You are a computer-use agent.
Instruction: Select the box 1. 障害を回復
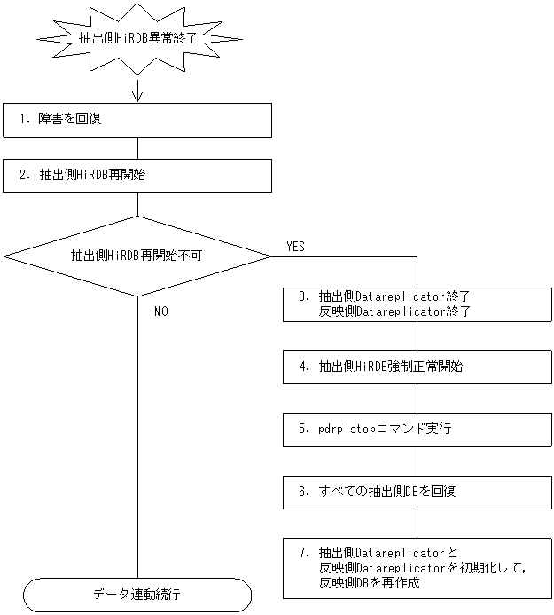tap(137, 119)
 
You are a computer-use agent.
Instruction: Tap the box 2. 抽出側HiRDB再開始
tap(137, 175)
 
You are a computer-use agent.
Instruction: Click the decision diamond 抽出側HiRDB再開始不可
tap(137, 256)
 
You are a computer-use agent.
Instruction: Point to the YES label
tap(296, 247)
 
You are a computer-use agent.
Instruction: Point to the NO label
tap(161, 311)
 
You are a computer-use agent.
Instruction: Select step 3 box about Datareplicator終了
tap(417, 304)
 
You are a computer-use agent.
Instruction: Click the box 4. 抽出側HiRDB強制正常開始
tap(417, 366)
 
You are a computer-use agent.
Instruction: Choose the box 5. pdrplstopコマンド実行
tap(417, 429)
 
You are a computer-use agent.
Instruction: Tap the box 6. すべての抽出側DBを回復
tap(417, 491)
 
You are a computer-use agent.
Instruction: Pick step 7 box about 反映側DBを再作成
tap(417, 567)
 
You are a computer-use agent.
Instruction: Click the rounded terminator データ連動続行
tap(137, 594)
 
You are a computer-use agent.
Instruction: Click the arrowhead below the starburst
tap(137, 94)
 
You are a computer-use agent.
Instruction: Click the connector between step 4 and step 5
tap(417, 398)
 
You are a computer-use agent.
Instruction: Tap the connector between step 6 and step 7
tap(417, 523)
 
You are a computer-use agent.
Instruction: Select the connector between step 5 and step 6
tap(417, 460)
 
